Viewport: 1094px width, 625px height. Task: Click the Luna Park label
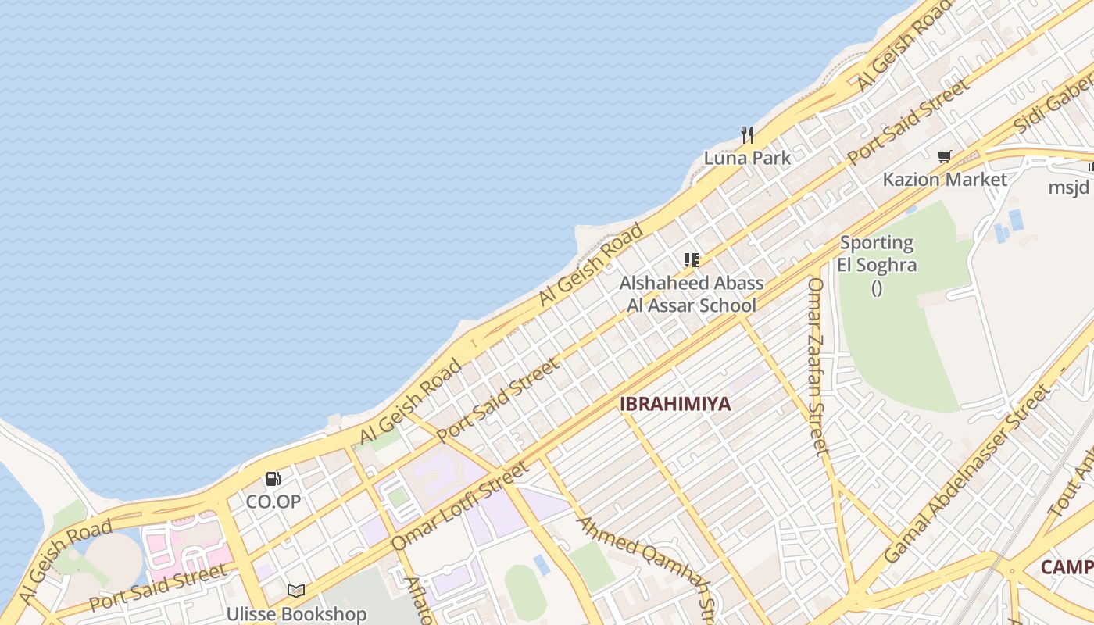(747, 158)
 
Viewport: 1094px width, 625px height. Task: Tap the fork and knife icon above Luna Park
(747, 135)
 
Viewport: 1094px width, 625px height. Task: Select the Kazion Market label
(945, 180)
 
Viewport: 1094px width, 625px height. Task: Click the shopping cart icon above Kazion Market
(945, 157)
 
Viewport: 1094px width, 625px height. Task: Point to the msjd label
(1069, 187)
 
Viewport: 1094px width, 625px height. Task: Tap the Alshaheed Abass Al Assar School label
(692, 294)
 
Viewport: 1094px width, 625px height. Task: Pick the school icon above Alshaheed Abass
(691, 259)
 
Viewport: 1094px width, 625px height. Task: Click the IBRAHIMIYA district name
(675, 404)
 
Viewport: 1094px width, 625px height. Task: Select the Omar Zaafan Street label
(817, 366)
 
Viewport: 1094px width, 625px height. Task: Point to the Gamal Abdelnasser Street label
(968, 473)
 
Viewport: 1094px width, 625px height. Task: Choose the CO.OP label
(273, 502)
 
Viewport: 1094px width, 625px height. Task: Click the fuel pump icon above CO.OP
(273, 478)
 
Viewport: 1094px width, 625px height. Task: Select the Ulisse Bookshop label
(296, 614)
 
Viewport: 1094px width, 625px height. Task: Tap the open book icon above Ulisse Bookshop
(296, 591)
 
